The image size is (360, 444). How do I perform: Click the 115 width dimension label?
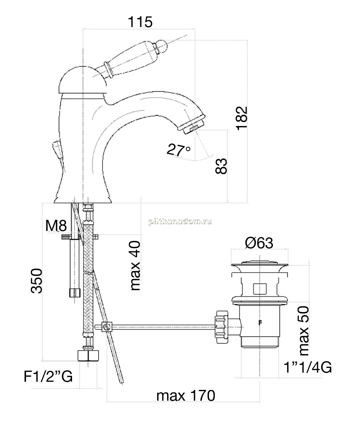tap(140, 22)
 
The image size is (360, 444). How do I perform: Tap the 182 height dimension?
tap(242, 118)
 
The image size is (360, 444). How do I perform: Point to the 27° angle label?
tap(178, 150)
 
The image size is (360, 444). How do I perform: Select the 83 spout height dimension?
tap(221, 166)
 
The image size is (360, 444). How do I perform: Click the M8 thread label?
tap(56, 225)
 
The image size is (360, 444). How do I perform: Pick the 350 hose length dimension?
tap(37, 281)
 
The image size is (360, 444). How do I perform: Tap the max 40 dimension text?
tap(135, 265)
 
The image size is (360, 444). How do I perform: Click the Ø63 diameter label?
tap(259, 243)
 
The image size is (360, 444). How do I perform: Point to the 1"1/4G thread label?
tap(308, 367)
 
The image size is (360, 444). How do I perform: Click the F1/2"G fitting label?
tap(48, 376)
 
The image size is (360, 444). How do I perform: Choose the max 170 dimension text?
tap(186, 396)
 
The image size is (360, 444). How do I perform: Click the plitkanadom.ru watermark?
tap(180, 221)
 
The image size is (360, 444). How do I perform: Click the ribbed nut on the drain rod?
tap(221, 327)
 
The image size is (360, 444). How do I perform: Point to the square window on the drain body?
tap(260, 289)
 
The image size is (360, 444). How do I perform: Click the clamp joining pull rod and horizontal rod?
tap(107, 327)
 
